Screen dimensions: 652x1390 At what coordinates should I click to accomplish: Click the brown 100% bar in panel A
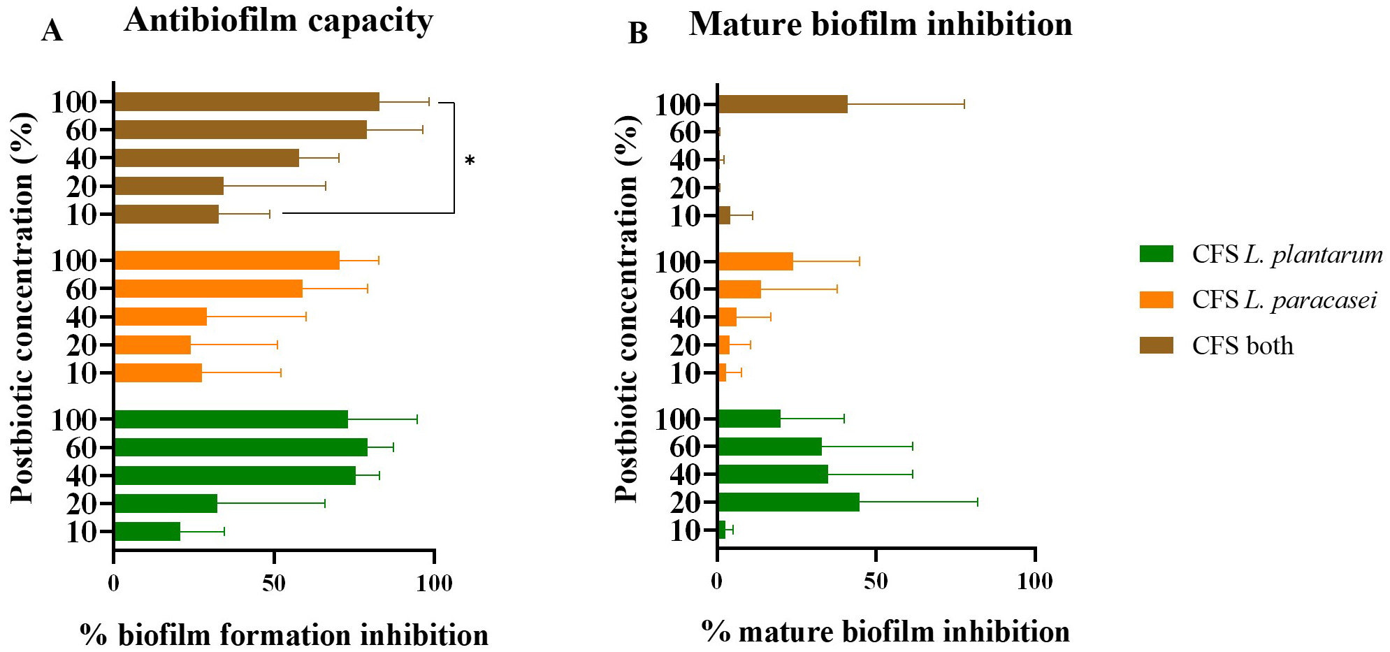tap(246, 102)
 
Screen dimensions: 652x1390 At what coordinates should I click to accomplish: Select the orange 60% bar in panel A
tap(208, 289)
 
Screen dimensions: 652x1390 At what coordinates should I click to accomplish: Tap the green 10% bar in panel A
tap(147, 532)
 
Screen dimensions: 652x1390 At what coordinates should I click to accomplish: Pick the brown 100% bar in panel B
tap(783, 104)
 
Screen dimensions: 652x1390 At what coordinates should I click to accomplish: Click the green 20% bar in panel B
tap(788, 502)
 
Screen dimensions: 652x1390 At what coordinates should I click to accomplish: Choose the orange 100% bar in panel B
tap(755, 261)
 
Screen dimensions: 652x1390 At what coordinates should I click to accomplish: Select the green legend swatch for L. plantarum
tap(1156, 254)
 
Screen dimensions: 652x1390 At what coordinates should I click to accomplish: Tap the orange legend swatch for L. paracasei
tap(1156, 300)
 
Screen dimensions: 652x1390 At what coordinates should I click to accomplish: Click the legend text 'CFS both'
tap(1243, 346)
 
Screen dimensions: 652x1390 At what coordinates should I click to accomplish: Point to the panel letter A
tap(52, 31)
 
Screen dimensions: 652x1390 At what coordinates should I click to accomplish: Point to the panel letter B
tap(637, 33)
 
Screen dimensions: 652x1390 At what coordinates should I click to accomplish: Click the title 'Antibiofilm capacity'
tap(278, 21)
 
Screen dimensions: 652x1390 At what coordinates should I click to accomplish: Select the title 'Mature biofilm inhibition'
tap(881, 24)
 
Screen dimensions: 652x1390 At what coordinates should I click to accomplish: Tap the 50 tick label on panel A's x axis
tap(274, 582)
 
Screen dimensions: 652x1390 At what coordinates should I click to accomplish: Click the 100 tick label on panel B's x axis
tap(1034, 581)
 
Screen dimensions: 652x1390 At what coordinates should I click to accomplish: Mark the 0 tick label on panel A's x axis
tap(113, 582)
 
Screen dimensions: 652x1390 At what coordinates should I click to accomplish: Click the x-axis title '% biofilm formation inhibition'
tap(284, 635)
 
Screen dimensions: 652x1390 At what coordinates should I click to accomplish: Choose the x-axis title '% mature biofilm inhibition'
tap(885, 632)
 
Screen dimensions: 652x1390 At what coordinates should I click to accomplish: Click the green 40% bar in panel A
tap(234, 476)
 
